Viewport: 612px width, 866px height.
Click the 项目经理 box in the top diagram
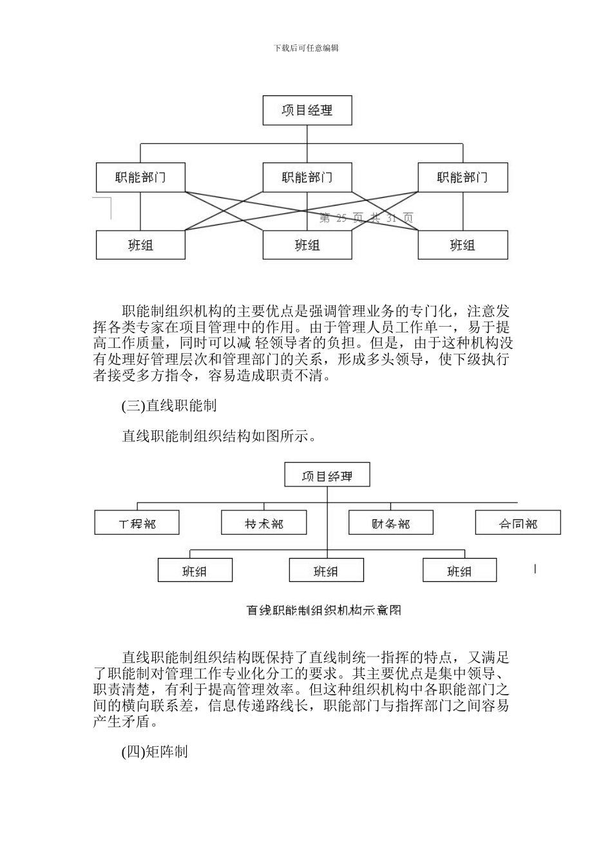307,110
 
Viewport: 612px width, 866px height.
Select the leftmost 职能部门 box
140,177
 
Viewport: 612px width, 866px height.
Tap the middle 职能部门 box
307,177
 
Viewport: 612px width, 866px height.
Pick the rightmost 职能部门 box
463,177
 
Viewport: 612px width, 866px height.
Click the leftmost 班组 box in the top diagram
140,245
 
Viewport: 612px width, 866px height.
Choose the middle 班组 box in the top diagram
307,245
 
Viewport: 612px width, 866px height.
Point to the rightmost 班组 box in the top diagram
463,245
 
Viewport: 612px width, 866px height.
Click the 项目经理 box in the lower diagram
327,476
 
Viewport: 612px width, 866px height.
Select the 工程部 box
137,523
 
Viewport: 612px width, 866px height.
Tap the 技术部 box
264,523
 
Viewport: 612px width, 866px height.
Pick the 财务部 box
391,523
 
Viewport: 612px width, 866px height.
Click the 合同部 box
518,523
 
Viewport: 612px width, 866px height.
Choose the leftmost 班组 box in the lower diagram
195,571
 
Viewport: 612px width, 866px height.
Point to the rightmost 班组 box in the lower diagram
459,571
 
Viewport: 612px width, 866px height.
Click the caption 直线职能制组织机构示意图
324,610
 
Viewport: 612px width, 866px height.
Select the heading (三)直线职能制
169,405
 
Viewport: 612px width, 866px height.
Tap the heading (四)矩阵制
155,752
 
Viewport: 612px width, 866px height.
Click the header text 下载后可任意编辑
306,48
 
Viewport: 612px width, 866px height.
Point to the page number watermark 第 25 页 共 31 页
367,218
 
